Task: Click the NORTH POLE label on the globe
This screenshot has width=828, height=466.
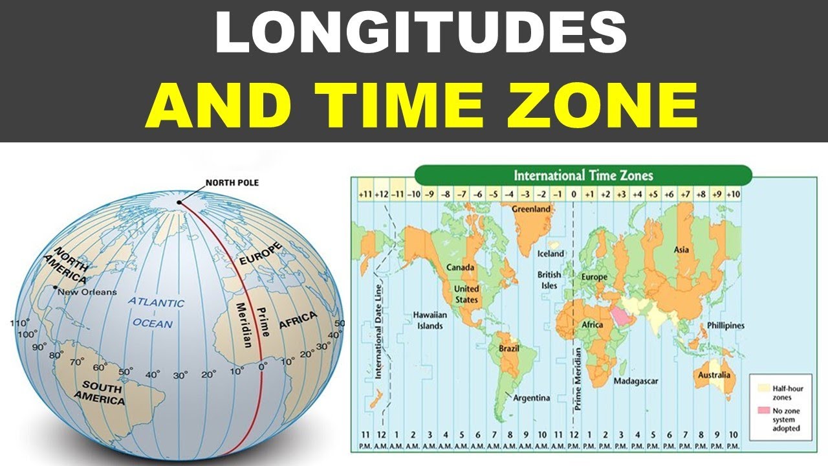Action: tap(232, 183)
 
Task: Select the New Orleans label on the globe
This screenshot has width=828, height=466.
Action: tap(87, 292)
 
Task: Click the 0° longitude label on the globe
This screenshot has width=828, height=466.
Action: tap(263, 366)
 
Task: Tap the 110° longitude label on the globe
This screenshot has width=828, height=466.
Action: tap(20, 323)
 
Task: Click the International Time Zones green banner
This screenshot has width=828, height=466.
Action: tap(583, 175)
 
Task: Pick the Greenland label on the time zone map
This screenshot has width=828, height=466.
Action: tap(531, 209)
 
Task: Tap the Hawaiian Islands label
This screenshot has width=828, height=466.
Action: tap(428, 320)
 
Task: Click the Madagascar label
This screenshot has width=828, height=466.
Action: tap(636, 381)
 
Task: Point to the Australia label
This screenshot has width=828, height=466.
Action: tap(714, 375)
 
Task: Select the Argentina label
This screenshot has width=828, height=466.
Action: tap(532, 397)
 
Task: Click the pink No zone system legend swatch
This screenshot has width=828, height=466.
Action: tap(763, 411)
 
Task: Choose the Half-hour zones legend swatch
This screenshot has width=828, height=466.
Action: tap(763, 388)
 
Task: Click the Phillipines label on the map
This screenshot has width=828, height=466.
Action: tap(725, 326)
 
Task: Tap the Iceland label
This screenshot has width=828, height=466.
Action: tap(551, 254)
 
